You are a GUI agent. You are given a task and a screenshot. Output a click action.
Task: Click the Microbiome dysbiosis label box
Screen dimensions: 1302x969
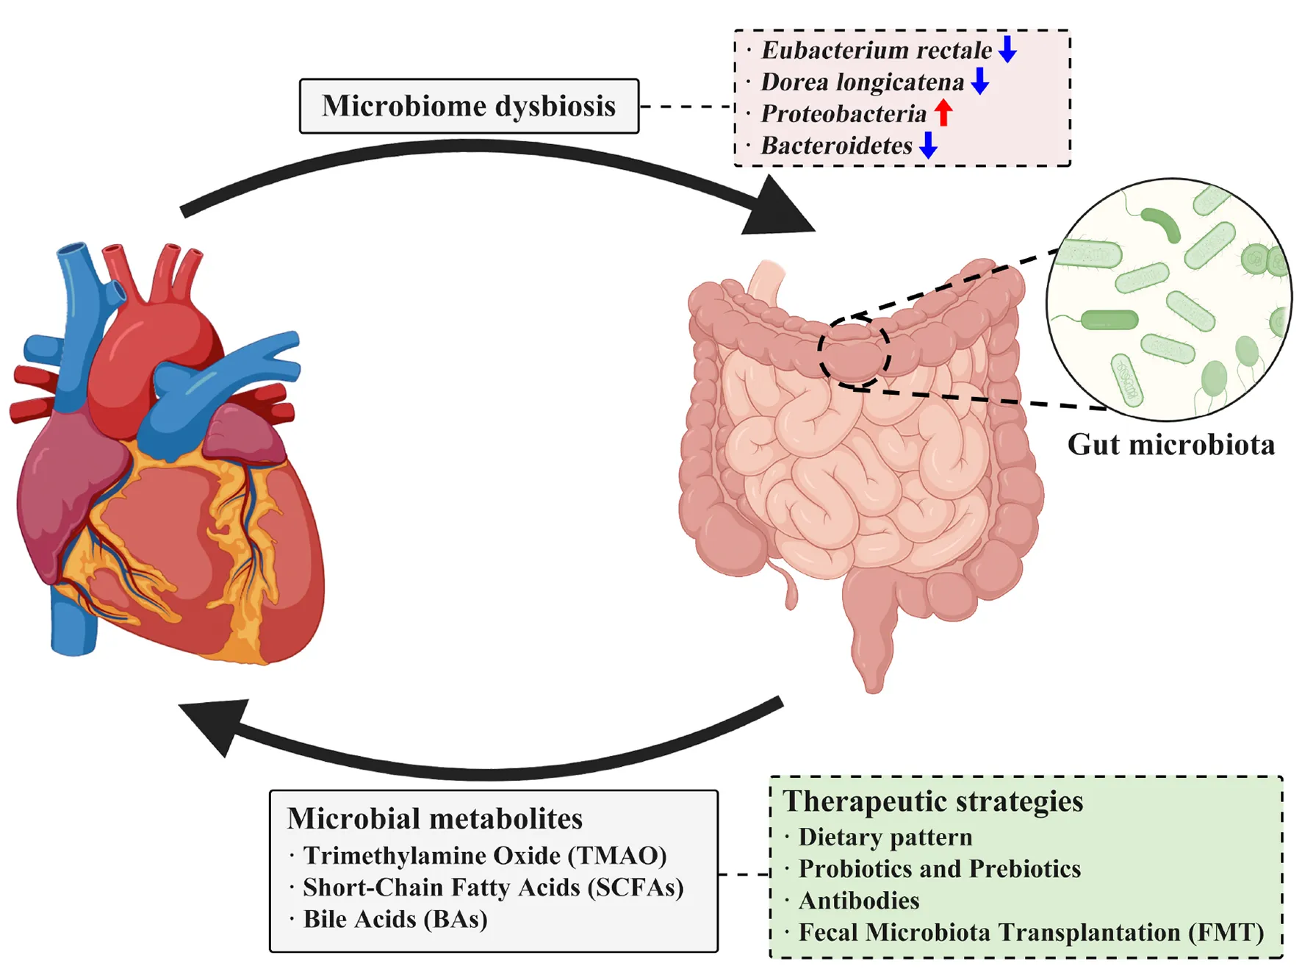(469, 106)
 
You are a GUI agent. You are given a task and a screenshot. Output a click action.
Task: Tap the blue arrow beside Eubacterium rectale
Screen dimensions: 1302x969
(1007, 49)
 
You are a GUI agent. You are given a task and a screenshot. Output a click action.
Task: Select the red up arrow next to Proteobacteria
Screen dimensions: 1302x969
(943, 112)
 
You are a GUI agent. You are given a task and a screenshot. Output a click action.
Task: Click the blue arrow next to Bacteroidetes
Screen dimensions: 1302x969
(929, 145)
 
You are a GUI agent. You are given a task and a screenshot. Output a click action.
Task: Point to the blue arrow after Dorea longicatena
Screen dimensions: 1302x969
(979, 81)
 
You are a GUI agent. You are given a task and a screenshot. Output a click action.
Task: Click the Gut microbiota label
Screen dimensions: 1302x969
(1170, 445)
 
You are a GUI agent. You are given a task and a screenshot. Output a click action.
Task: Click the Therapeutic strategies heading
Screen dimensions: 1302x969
(933, 801)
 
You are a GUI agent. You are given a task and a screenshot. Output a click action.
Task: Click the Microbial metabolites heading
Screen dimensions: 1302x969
(435, 819)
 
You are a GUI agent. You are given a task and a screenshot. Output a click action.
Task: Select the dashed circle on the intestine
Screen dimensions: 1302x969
(855, 352)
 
